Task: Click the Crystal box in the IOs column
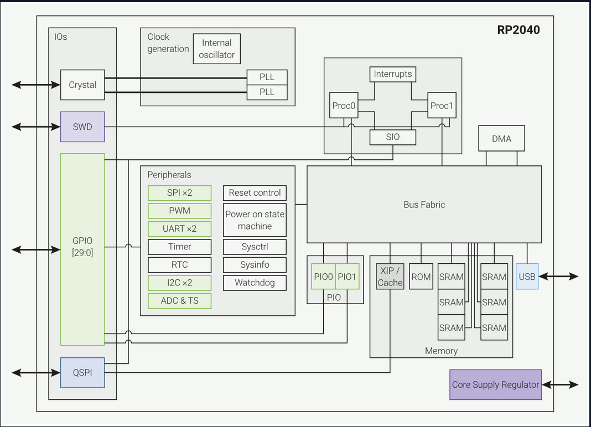82,85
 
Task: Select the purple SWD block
82,127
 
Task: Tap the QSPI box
82,372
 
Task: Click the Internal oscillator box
217,49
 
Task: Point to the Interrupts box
392,74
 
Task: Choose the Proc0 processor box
343,105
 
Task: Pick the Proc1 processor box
442,105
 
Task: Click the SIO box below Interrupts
392,137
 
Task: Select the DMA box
501,139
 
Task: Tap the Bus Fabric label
424,205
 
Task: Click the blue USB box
527,277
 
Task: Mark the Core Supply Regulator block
495,384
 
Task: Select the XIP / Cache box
391,277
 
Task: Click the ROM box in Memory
421,277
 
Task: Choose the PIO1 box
347,277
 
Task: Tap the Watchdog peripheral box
255,283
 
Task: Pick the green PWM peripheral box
180,211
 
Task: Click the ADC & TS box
180,300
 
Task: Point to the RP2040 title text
518,30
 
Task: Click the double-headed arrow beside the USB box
559,277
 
